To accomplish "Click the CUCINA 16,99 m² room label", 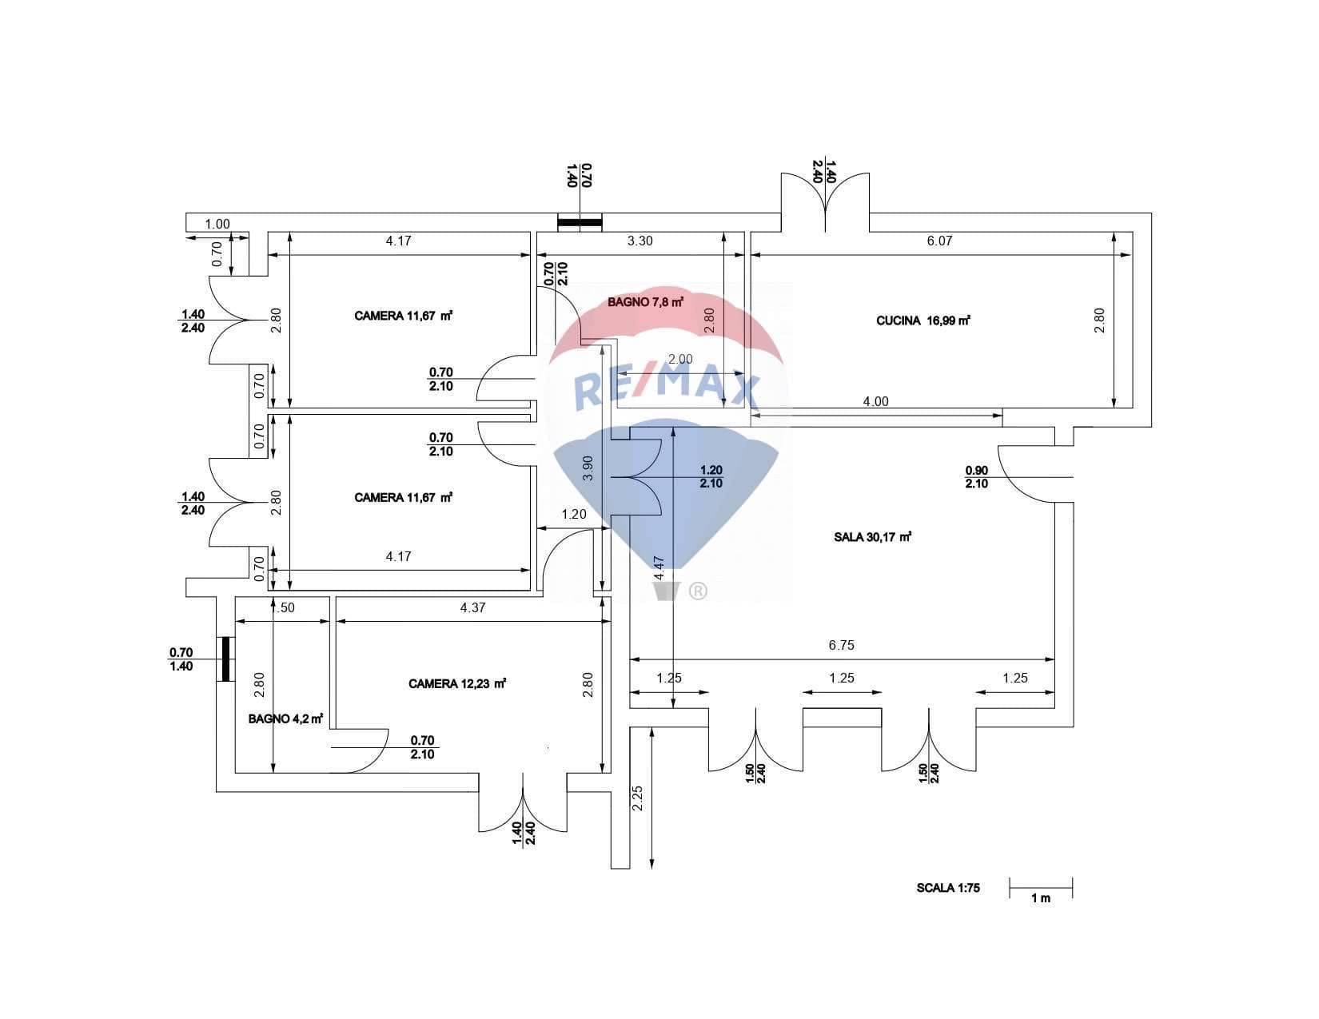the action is click(x=923, y=320).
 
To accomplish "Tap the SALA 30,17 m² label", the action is click(x=872, y=537).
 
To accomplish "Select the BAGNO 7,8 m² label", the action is click(x=645, y=301).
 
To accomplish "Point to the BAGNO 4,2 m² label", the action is click(x=285, y=719).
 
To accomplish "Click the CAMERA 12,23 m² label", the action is click(x=457, y=684).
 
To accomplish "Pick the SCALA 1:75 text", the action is click(x=948, y=888).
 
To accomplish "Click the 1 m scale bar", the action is click(x=1040, y=888).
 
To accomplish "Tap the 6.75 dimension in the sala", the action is click(x=841, y=645).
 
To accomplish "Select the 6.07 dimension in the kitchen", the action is click(x=939, y=241).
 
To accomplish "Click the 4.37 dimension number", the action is click(x=472, y=607).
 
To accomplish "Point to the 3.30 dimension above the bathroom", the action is click(x=640, y=241).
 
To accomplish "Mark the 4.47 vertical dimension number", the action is click(x=659, y=569).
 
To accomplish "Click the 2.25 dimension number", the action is click(x=637, y=798).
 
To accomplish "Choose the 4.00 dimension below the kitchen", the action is click(x=875, y=401).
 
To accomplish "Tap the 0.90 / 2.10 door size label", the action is click(x=976, y=477).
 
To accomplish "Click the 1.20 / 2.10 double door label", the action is click(x=711, y=476).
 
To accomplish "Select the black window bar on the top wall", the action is click(x=580, y=223).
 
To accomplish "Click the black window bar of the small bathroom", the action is click(x=225, y=659).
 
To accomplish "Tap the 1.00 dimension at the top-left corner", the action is click(x=217, y=224).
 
